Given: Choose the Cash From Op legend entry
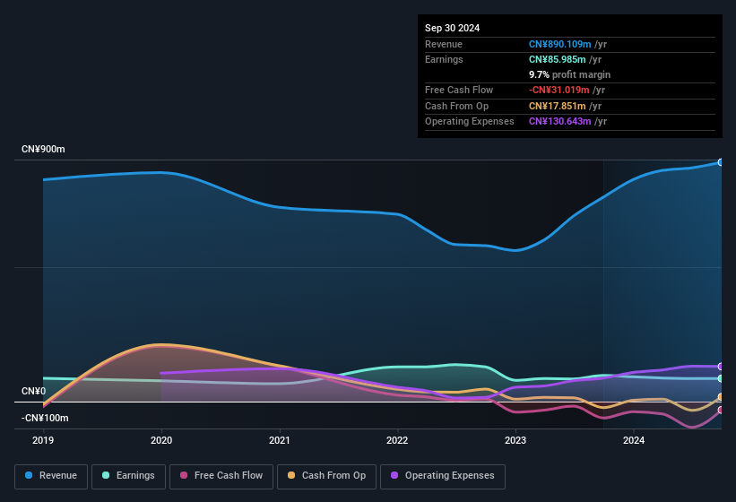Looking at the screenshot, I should [x=327, y=476].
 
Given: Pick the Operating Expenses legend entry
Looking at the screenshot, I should [x=443, y=476].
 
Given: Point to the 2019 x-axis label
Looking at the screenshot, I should [x=43, y=440].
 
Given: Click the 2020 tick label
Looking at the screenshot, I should [x=161, y=440].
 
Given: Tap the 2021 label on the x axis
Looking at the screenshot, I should [x=280, y=440].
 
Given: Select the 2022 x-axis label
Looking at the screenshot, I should [x=397, y=440].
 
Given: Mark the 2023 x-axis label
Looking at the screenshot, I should [x=515, y=440].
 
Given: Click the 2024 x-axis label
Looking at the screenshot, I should [x=634, y=440].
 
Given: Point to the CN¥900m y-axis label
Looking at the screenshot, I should [x=44, y=149].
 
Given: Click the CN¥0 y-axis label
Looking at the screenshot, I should [x=33, y=392].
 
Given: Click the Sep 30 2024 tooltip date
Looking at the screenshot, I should [x=453, y=28].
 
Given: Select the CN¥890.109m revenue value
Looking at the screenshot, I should [x=559, y=44].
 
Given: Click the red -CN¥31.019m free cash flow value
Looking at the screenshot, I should [x=559, y=90].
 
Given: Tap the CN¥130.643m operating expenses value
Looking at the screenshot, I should [x=559, y=121].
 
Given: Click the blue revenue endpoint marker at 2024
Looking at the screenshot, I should [x=720, y=162].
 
